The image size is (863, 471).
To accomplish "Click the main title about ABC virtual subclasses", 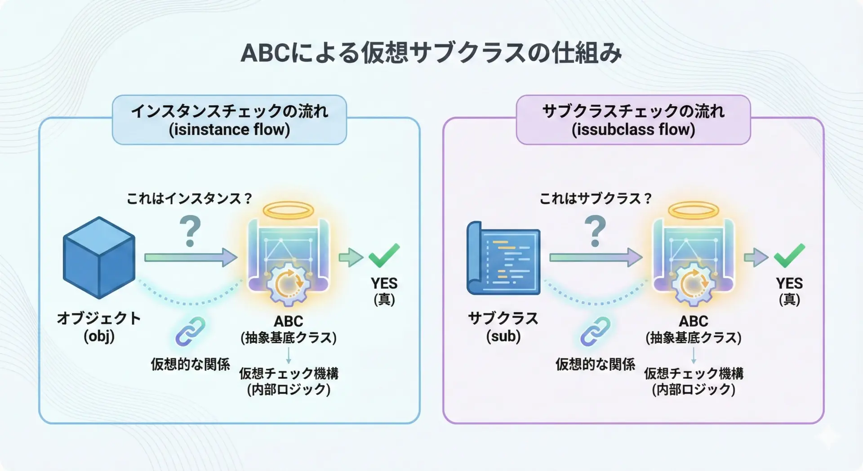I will click(x=431, y=53).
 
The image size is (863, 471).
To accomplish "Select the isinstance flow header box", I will click(x=229, y=120).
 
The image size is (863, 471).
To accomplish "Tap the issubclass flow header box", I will click(x=633, y=120).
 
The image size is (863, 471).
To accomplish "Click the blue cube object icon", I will click(x=99, y=257).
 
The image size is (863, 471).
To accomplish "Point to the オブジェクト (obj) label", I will click(x=99, y=327).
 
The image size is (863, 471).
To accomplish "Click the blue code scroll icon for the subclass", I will click(x=503, y=258).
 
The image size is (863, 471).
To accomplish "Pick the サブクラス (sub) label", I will click(x=503, y=327).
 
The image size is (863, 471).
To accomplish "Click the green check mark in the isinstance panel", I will click(x=384, y=255).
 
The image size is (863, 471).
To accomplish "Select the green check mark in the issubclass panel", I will click(x=789, y=255).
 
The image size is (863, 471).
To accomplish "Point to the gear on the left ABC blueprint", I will click(x=288, y=283).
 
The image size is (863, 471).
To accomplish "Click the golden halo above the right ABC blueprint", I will click(x=694, y=210).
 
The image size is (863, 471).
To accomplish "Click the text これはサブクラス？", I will click(x=595, y=198).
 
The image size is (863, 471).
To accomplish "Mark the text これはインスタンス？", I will click(x=189, y=198).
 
